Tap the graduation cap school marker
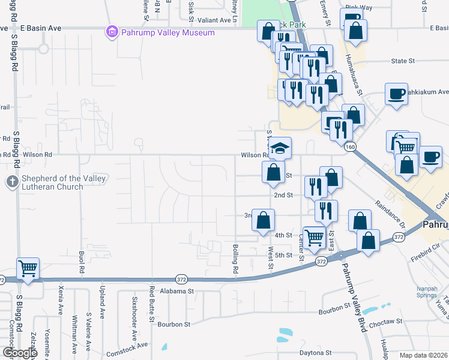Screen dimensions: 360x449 pos(280,147)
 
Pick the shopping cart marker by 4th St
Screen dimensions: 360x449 pos(314,237)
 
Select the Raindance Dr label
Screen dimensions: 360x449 pos(390,213)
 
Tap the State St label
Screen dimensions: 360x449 pos(403,61)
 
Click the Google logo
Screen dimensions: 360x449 pos(19,353)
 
